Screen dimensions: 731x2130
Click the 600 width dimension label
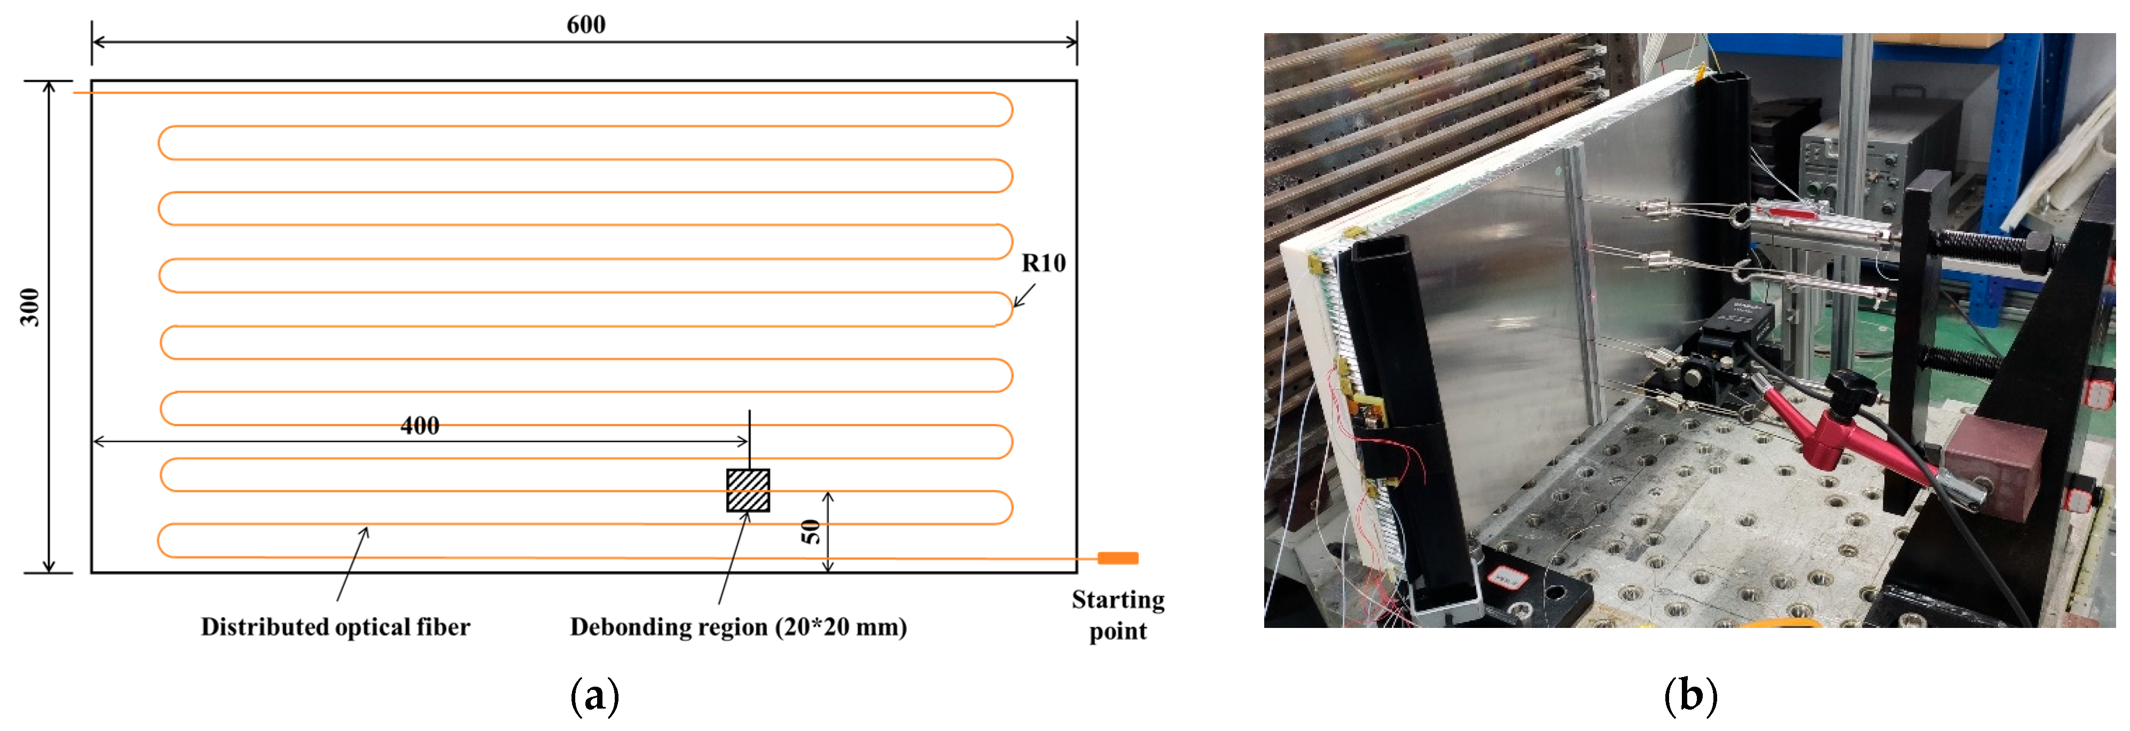pyautogui.click(x=585, y=25)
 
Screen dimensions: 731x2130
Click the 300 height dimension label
pyautogui.click(x=30, y=307)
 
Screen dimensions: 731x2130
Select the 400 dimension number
pyautogui.click(x=419, y=426)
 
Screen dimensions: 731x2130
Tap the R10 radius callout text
pyautogui.click(x=1044, y=263)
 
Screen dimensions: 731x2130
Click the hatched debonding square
pyautogui.click(x=748, y=490)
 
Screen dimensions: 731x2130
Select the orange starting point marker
pyautogui.click(x=1117, y=558)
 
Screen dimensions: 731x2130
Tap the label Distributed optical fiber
pyautogui.click(x=335, y=627)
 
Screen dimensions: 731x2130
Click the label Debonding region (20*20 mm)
pyautogui.click(x=738, y=627)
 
